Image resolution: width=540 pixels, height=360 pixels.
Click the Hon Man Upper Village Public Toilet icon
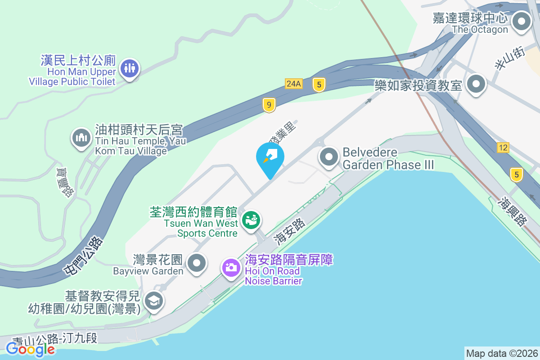pyautogui.click(x=130, y=69)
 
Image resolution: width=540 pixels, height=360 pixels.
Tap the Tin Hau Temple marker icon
pyautogui.click(x=81, y=138)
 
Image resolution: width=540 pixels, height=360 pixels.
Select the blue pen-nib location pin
pyautogui.click(x=270, y=158)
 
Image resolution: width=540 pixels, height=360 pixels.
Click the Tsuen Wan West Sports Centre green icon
pyautogui.click(x=251, y=220)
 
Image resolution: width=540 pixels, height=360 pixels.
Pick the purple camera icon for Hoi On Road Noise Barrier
pyautogui.click(x=231, y=267)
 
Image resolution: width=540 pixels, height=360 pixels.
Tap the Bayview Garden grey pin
pyautogui.click(x=196, y=263)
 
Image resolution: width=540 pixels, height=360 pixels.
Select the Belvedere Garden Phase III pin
pyautogui.click(x=329, y=157)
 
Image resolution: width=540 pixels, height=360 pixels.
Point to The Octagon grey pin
pyautogui.click(x=522, y=21)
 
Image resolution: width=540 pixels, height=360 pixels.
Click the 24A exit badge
pyautogui.click(x=293, y=83)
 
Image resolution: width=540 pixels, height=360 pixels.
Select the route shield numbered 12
pyautogui.click(x=503, y=147)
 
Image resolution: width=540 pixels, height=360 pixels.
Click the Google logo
pyautogui.click(x=30, y=349)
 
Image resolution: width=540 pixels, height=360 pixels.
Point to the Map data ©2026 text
pyautogui.click(x=502, y=353)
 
